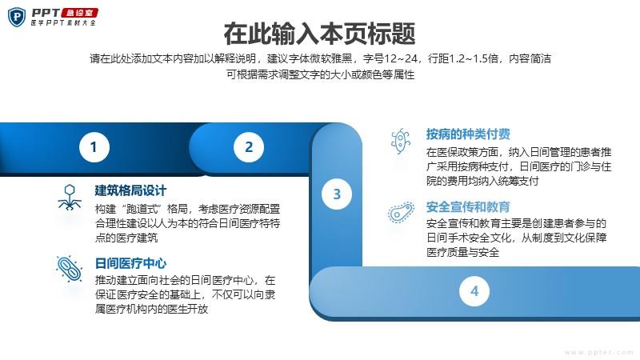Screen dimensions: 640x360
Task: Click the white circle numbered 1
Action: coord(94,147)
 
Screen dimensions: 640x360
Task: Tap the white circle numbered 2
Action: coord(249,147)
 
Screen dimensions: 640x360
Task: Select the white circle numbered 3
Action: coord(337,194)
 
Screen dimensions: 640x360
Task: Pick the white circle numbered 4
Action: coord(474,291)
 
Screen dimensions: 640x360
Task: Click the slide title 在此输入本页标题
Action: coord(319,34)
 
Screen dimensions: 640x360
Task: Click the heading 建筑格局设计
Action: coord(130,190)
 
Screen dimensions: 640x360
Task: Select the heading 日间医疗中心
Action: coord(130,263)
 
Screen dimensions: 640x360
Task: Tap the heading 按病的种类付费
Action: coord(468,134)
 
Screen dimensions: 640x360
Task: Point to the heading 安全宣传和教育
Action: coord(468,207)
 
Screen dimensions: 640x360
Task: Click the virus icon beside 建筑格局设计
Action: coord(70,197)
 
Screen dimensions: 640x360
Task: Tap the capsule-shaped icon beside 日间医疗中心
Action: coord(70,269)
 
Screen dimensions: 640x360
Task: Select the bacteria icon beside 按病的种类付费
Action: coord(401,141)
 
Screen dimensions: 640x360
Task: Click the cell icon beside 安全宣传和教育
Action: coord(401,212)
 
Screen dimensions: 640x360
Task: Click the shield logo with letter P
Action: coord(17,17)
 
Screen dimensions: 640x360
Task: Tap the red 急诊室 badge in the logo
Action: coord(79,13)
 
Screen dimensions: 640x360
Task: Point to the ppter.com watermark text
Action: coord(598,352)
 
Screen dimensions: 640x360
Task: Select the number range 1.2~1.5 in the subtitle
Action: coord(474,58)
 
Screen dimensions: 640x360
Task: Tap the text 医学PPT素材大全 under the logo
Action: coord(63,23)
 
